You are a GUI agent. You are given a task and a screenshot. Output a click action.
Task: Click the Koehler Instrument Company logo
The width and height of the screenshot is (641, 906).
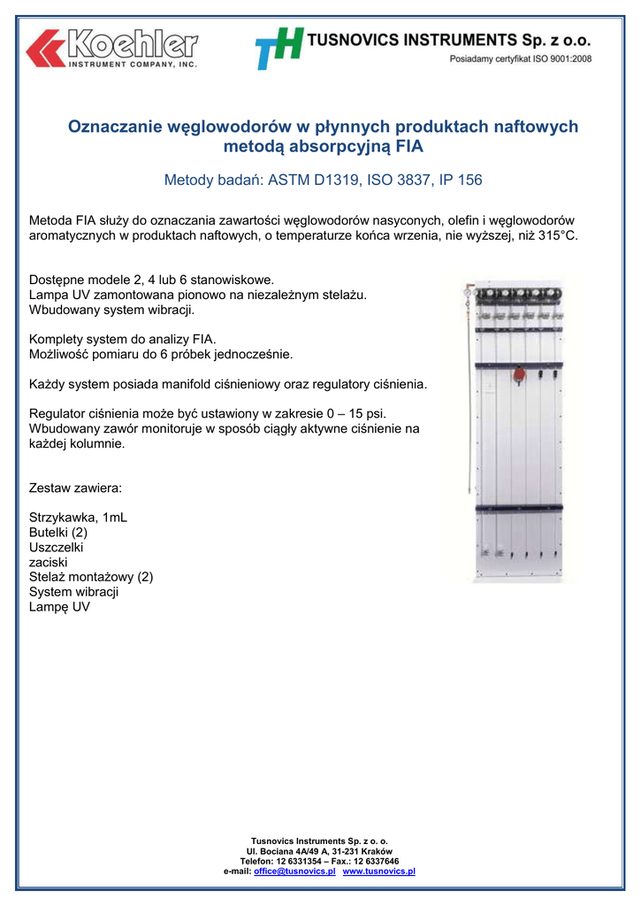(x=111, y=48)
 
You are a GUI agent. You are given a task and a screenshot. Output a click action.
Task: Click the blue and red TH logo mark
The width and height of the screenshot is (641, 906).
(x=279, y=48)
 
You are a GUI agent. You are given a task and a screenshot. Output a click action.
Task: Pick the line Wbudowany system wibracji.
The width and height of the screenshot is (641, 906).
(x=111, y=310)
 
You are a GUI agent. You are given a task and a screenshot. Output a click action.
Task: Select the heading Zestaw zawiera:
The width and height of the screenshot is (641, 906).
(x=75, y=488)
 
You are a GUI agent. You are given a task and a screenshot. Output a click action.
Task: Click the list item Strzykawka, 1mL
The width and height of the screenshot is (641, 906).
(x=78, y=518)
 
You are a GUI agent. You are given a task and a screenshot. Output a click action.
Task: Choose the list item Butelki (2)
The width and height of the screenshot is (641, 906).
(x=58, y=533)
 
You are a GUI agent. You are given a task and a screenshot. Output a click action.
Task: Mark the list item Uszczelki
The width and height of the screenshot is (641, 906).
(x=57, y=548)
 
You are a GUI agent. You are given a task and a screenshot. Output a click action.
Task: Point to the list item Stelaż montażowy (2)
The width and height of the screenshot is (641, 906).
(x=91, y=577)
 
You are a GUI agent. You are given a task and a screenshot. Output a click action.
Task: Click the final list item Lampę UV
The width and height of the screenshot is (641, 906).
(x=59, y=607)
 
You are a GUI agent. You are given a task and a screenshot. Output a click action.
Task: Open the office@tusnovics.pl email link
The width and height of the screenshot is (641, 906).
(x=294, y=871)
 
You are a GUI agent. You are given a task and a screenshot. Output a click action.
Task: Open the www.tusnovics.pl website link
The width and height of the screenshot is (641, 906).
(x=378, y=871)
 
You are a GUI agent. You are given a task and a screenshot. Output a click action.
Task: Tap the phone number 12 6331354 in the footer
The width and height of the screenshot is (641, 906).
(x=301, y=861)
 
